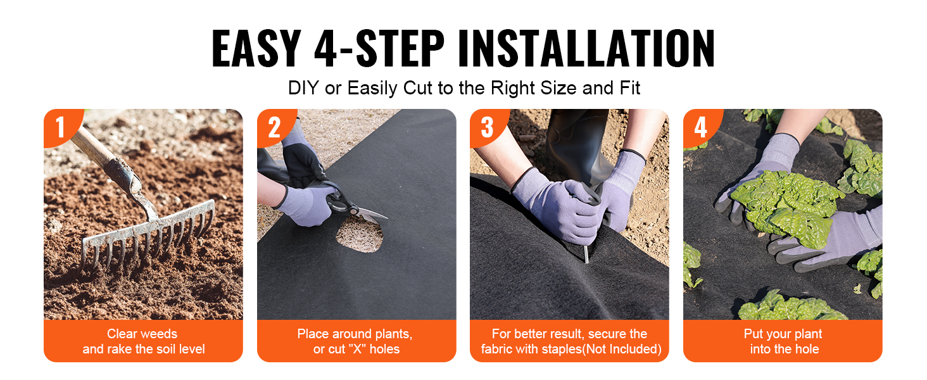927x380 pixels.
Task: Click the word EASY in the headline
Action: pyautogui.click(x=256, y=48)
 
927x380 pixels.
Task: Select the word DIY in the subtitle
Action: pyautogui.click(x=303, y=88)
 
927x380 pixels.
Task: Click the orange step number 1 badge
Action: pyautogui.click(x=61, y=127)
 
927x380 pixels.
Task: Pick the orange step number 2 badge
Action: pyautogui.click(x=274, y=127)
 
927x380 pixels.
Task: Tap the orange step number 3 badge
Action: pyautogui.click(x=488, y=127)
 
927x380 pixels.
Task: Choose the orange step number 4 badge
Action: pyautogui.click(x=700, y=127)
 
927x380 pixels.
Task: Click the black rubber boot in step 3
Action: pyautogui.click(x=577, y=145)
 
